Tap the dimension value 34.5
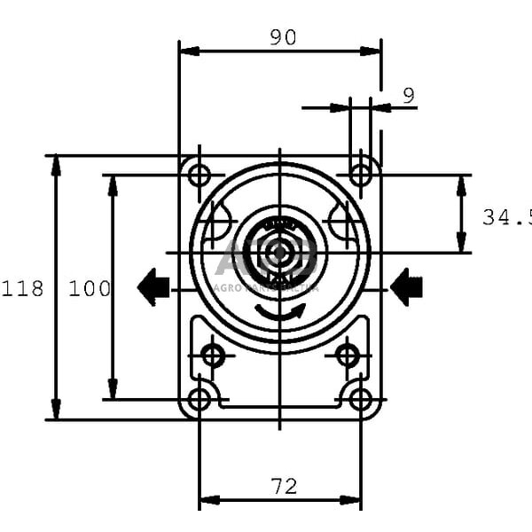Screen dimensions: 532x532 point(506,217)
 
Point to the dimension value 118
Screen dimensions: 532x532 point(22,289)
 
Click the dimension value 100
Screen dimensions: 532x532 point(90,289)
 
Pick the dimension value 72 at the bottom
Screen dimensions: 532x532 point(284,486)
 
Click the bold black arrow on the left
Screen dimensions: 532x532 point(153,287)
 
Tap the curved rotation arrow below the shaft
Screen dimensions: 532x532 point(280,312)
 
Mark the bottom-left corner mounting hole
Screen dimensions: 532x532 point(199,399)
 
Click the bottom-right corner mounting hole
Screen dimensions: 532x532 point(360,399)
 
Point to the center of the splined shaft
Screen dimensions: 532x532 point(280,253)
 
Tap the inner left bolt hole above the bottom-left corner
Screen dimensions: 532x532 point(213,356)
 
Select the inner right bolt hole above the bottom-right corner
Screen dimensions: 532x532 point(348,356)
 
